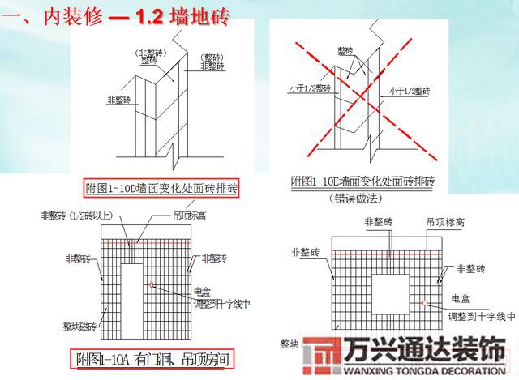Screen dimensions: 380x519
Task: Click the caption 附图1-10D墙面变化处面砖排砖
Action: click(161, 189)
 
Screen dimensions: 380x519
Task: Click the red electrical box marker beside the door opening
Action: click(152, 284)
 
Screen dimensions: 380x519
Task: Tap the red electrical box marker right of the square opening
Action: click(424, 303)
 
